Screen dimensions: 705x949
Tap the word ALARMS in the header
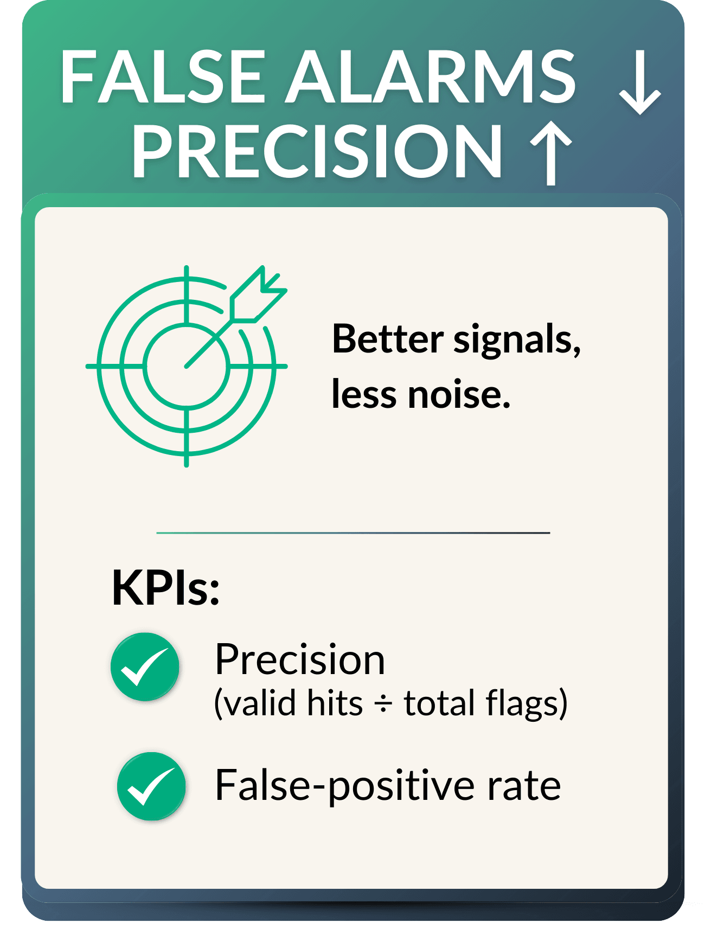pos(431,76)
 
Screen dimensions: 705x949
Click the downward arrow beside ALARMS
pos(640,82)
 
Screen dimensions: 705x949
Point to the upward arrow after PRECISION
pos(551,153)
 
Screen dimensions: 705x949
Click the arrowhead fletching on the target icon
pos(259,296)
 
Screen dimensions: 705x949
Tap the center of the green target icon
pos(187,367)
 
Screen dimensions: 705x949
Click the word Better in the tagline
pos(388,339)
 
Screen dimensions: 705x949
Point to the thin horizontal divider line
pos(353,533)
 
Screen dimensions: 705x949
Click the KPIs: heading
pos(166,588)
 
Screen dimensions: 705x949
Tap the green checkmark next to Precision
pos(145,667)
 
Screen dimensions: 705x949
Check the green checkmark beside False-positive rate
pos(151,786)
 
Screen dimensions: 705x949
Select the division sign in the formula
pos(383,704)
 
